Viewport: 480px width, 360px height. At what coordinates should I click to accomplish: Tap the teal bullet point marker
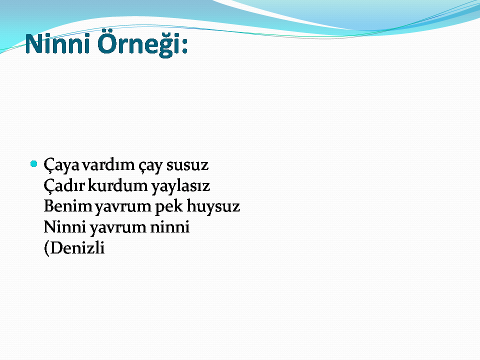pyautogui.click(x=34, y=164)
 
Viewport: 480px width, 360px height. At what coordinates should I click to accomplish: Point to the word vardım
pyautogui.click(x=108, y=164)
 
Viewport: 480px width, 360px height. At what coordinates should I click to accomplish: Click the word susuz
pyautogui.click(x=187, y=165)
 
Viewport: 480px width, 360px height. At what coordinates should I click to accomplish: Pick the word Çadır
pyautogui.click(x=64, y=186)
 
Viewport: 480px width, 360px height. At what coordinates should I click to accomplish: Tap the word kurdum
pyautogui.click(x=118, y=185)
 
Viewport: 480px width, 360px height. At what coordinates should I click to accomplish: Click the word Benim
pyautogui.click(x=68, y=206)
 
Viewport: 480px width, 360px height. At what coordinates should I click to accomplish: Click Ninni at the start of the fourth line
pyautogui.click(x=64, y=227)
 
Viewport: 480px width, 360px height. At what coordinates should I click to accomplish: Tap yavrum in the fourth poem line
pyautogui.click(x=118, y=228)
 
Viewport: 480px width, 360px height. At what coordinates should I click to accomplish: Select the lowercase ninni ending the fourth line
pyautogui.click(x=169, y=227)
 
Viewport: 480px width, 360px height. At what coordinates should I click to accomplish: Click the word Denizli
pyautogui.click(x=77, y=247)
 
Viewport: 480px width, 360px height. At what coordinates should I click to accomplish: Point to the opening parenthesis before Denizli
pyautogui.click(x=47, y=248)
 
